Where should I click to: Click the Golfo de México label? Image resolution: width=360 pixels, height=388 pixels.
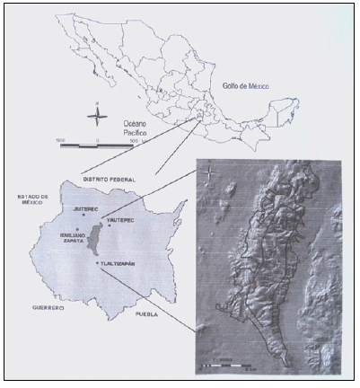pos(247,87)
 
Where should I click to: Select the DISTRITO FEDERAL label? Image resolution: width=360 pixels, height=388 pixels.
pos(110,180)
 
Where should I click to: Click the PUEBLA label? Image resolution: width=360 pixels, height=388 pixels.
pos(147,316)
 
